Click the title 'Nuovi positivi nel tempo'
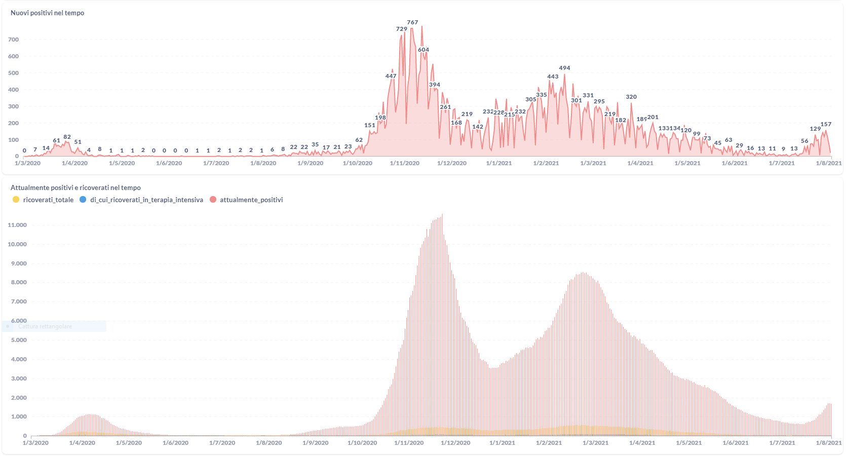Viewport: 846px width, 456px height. pos(47,13)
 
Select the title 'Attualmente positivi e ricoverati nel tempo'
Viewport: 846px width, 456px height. pos(75,188)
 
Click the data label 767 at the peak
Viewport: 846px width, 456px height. pos(412,22)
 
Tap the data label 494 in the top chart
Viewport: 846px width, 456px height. pos(564,68)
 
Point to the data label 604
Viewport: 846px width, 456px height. pos(424,50)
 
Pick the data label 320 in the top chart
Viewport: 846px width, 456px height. pos(631,97)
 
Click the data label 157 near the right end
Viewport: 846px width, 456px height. pos(826,124)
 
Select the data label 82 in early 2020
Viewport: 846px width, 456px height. pos(67,137)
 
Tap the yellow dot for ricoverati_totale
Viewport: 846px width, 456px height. pos(16,200)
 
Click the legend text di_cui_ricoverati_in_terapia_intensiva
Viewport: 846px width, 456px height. pos(146,200)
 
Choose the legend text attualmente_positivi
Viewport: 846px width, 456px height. pos(251,200)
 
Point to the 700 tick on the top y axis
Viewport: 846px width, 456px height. pos(14,40)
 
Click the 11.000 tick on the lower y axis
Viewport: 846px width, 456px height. pos(17,225)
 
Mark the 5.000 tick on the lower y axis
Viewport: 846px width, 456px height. pos(19,340)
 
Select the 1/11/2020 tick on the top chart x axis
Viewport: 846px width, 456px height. pos(405,163)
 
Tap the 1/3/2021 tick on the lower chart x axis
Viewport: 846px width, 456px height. pos(595,443)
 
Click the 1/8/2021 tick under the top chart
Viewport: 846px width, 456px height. pos(829,163)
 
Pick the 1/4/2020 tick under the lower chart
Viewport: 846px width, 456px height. pos(82,443)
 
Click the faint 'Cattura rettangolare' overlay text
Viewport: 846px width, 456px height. pos(45,327)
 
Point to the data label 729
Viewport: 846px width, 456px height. pos(402,29)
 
